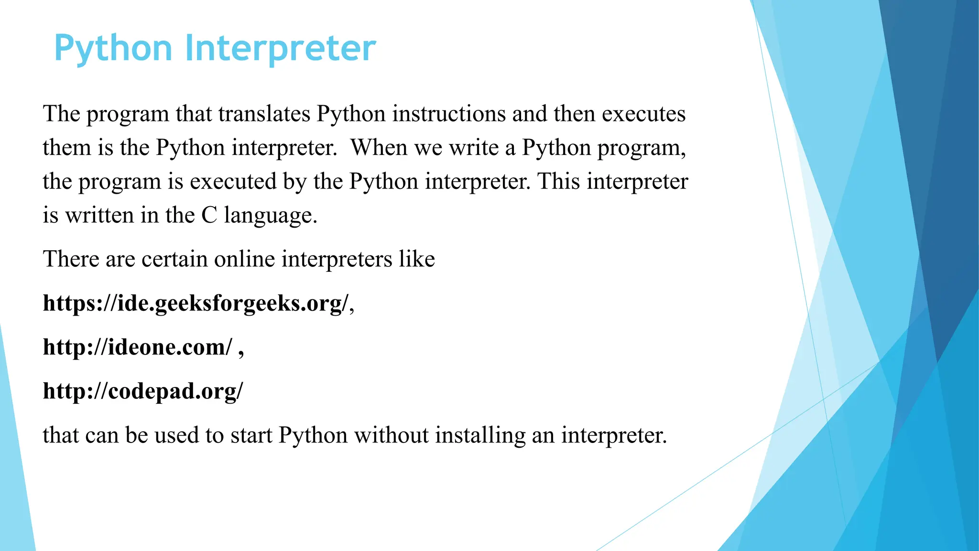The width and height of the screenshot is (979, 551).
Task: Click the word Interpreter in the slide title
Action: point(280,48)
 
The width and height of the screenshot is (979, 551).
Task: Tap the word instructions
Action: point(449,114)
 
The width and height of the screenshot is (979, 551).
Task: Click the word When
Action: point(379,148)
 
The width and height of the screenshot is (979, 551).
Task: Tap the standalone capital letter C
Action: point(209,216)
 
